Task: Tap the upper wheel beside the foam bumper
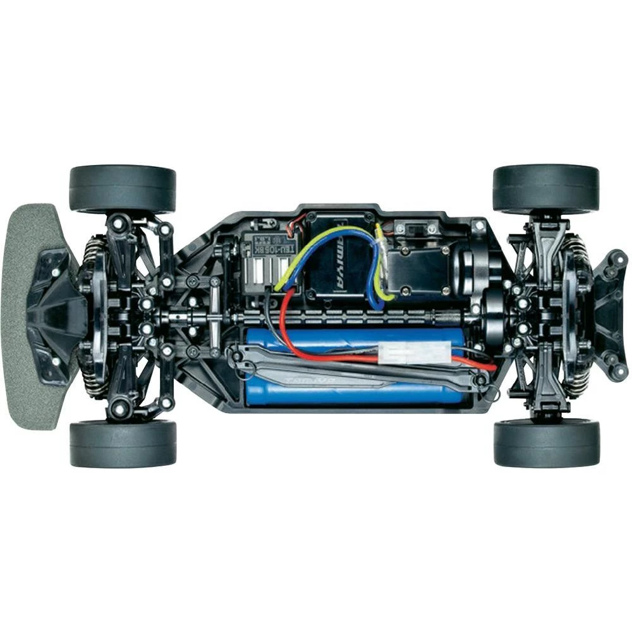click(x=122, y=188)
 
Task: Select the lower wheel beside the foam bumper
click(x=123, y=444)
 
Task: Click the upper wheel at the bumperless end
click(x=545, y=188)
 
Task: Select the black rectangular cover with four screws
click(x=414, y=269)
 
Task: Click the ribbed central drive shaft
click(x=354, y=315)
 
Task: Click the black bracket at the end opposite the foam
click(x=610, y=316)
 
